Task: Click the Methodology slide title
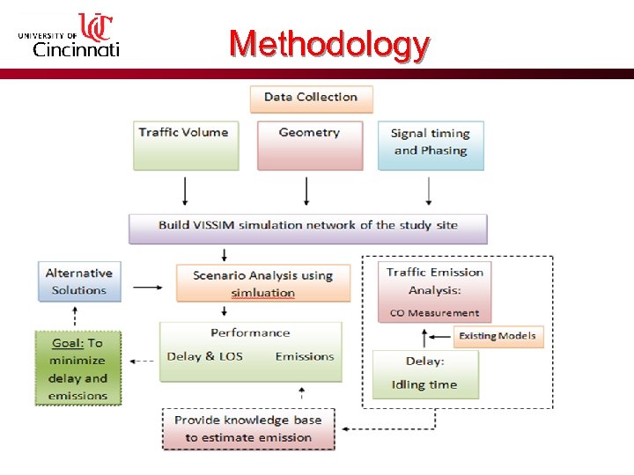click(x=329, y=43)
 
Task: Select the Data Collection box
click(x=311, y=98)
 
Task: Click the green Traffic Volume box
click(x=185, y=145)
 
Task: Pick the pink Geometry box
click(x=309, y=145)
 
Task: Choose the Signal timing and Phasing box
click(x=431, y=145)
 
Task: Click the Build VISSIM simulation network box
click(x=308, y=226)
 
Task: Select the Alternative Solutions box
click(x=78, y=281)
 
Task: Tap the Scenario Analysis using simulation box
click(x=262, y=283)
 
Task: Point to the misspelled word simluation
click(x=262, y=293)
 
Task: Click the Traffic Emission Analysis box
click(x=434, y=291)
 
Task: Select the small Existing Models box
click(x=498, y=335)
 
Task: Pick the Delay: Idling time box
click(x=425, y=374)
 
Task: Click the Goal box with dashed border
click(x=77, y=368)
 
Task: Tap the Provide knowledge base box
click(x=248, y=428)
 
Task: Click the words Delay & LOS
click(x=204, y=356)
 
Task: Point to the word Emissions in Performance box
click(x=305, y=356)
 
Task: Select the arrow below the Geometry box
click(x=306, y=191)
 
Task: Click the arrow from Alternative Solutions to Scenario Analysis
click(x=150, y=286)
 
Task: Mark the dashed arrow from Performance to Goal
click(x=140, y=361)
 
